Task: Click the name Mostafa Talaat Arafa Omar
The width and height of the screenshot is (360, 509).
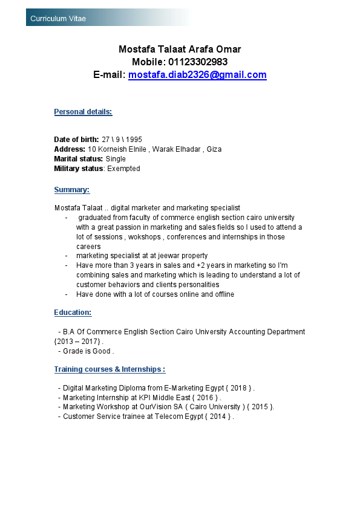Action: click(x=180, y=49)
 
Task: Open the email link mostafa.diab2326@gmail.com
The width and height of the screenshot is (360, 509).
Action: click(x=197, y=75)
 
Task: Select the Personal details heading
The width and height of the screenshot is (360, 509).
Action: click(x=83, y=112)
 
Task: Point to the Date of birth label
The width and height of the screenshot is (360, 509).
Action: click(x=76, y=140)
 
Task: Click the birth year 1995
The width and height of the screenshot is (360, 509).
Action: click(x=134, y=140)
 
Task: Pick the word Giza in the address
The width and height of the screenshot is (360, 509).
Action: click(x=214, y=149)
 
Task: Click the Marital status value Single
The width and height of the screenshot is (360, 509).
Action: click(x=116, y=159)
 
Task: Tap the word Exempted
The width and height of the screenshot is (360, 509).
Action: click(x=123, y=169)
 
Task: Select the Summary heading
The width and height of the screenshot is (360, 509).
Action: click(x=71, y=190)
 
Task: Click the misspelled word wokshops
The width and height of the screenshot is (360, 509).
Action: click(x=143, y=237)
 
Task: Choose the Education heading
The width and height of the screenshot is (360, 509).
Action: click(x=73, y=313)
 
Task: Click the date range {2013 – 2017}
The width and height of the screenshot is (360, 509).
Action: click(x=77, y=342)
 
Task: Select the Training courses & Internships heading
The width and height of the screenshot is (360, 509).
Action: click(x=110, y=369)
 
